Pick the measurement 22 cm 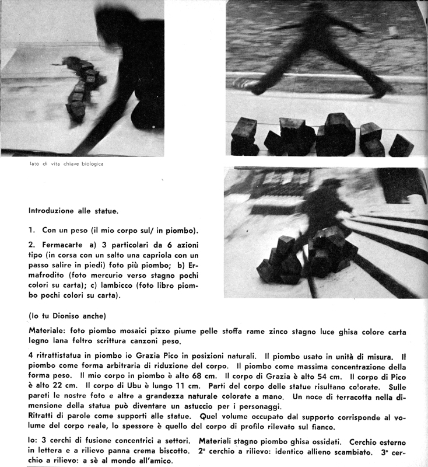point(59,386)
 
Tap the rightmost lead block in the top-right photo point(401,146)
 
